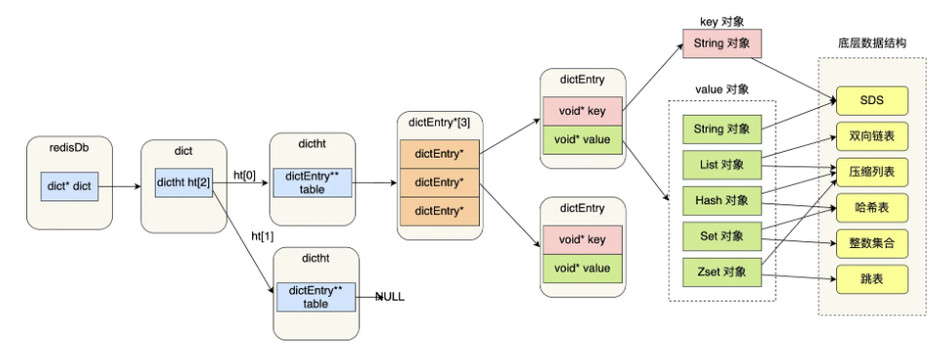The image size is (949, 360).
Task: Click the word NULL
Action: point(389,296)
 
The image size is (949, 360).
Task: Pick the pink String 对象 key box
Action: point(722,44)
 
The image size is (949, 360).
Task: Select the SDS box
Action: point(870,100)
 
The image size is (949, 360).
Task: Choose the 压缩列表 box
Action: point(870,171)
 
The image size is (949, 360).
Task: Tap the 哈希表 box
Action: point(870,207)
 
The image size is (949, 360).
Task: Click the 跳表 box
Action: point(870,279)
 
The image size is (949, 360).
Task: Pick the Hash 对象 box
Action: point(722,199)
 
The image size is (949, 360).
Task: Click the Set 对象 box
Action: point(722,234)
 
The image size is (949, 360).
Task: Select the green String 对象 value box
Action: point(722,128)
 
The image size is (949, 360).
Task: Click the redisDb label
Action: point(68,150)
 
